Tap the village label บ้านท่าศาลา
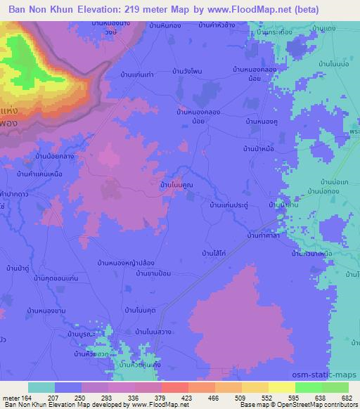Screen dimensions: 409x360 265,238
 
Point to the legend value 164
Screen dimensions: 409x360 27,397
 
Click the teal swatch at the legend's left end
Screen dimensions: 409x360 41,387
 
